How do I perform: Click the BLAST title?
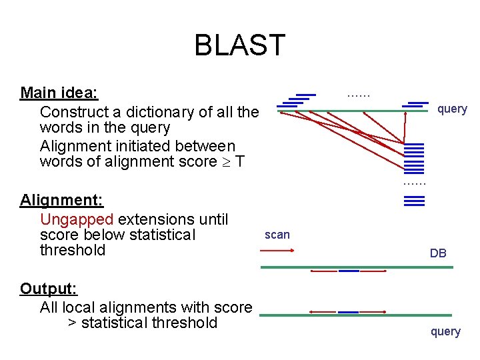[x=239, y=45]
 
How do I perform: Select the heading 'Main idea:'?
[x=59, y=92]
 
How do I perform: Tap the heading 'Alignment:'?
[x=61, y=200]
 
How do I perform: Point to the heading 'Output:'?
[x=49, y=289]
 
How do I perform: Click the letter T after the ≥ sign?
[x=240, y=162]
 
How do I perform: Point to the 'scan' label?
[x=277, y=235]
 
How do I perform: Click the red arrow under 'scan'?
[x=277, y=251]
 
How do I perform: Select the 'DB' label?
[x=438, y=253]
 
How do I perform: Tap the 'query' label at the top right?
[x=452, y=109]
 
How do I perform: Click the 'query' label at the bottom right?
[x=445, y=331]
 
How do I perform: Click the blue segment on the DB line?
[x=349, y=271]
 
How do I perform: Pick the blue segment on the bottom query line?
[x=348, y=311]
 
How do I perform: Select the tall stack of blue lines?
[x=414, y=158]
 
